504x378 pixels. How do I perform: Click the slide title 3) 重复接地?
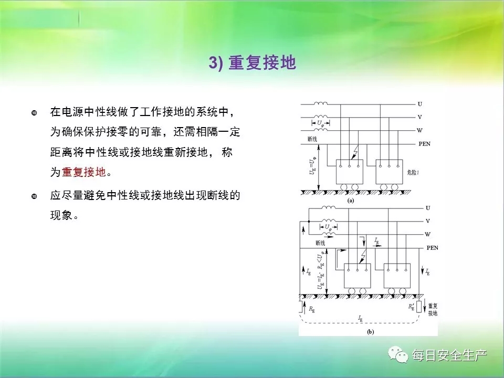(x=253, y=62)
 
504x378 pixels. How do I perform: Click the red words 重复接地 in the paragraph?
(x=83, y=172)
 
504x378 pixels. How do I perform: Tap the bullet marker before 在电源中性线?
(x=34, y=113)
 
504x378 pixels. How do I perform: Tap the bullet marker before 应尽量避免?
(x=34, y=196)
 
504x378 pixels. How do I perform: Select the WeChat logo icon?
(x=398, y=354)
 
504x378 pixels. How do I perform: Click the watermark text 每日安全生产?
(x=449, y=355)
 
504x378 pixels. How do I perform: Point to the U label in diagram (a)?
(x=420, y=104)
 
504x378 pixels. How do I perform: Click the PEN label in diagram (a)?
(x=424, y=144)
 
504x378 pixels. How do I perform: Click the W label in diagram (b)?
(x=427, y=234)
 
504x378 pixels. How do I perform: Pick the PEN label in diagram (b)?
(x=432, y=248)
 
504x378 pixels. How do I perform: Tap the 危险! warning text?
(x=413, y=172)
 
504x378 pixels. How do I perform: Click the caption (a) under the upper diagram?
(x=351, y=201)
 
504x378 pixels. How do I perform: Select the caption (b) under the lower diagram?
(x=370, y=332)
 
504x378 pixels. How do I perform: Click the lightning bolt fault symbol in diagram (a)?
(x=355, y=152)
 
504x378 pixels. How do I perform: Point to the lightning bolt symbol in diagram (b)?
(x=363, y=256)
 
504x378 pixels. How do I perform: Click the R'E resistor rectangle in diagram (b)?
(x=419, y=307)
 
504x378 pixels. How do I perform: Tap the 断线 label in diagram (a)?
(x=312, y=139)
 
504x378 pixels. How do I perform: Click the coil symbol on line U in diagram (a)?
(x=321, y=103)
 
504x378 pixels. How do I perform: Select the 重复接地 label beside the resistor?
(x=433, y=310)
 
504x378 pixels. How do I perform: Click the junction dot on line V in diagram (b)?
(x=309, y=222)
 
